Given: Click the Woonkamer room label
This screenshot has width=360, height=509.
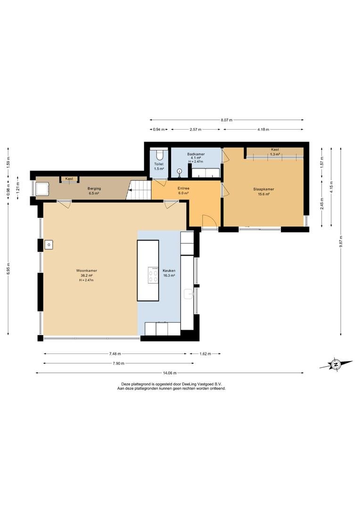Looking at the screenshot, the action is tap(87, 271).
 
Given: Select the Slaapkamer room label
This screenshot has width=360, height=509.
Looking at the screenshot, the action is tap(263, 189).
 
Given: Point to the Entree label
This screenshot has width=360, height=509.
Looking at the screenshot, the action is tap(183, 188).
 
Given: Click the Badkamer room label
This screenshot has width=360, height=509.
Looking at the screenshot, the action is tap(196, 154).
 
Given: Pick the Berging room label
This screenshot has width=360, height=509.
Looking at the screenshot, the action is tap(94, 188).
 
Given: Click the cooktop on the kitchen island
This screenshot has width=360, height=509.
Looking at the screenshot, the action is tap(153, 275).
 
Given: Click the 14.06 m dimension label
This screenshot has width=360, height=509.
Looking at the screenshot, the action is tap(170, 373).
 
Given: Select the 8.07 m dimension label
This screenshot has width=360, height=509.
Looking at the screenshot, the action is tap(227, 120).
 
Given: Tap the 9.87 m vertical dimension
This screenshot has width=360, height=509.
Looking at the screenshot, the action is tap(341, 242).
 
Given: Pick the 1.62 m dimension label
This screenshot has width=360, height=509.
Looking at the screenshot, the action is tap(205, 354).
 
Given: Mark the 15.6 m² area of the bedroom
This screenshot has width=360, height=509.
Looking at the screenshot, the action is tap(263, 194).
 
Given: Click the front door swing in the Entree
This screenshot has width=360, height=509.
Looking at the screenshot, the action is tap(209, 221).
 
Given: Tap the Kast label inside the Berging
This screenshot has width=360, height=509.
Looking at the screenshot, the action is tap(69, 179).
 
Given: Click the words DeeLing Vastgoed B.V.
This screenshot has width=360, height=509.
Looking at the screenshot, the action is tap(202, 384).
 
